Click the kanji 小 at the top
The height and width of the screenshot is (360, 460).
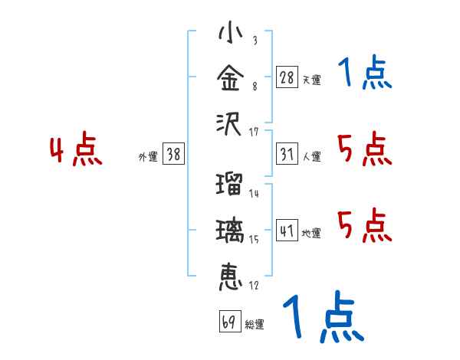tap(229, 35)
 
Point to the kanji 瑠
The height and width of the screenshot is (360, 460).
tap(229, 185)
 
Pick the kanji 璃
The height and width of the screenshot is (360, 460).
tap(229, 231)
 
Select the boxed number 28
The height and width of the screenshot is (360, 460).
tap(287, 77)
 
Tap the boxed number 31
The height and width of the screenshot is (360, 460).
tap(287, 154)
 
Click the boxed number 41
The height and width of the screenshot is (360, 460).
tap(287, 231)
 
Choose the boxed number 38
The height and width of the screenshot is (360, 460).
tap(173, 154)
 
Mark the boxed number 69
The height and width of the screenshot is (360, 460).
tap(229, 322)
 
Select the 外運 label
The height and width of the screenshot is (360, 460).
tap(148, 157)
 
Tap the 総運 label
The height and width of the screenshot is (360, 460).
tap(254, 325)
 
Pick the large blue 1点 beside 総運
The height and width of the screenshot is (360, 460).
tap(322, 318)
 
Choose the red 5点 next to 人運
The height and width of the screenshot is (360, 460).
tap(364, 149)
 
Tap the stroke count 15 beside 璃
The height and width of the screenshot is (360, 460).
tap(254, 240)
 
